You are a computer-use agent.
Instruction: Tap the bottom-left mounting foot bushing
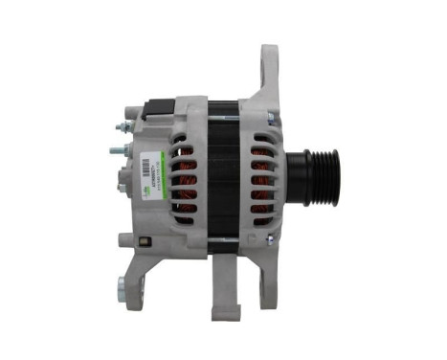click(123, 283)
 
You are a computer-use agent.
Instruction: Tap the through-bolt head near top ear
click(271, 119)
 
